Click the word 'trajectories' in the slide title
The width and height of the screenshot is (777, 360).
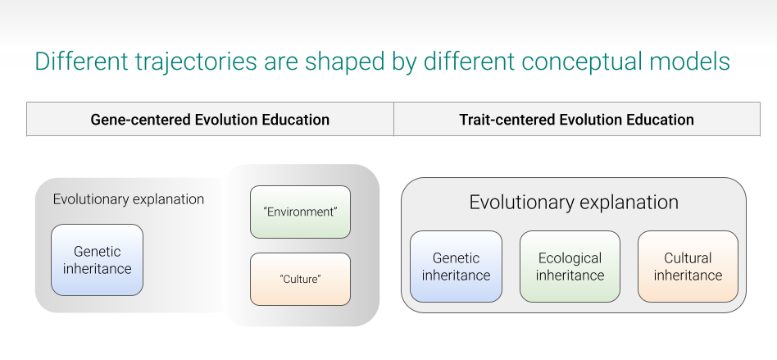[x=196, y=62]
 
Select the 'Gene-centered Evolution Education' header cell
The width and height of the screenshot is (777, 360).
[x=210, y=119]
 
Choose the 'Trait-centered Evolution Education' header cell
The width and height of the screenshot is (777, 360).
[x=577, y=119]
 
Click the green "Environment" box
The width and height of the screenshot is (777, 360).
[x=300, y=212]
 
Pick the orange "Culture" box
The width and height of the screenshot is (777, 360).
[x=300, y=279]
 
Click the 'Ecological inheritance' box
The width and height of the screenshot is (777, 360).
[x=570, y=267]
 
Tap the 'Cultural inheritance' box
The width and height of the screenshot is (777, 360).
[x=688, y=267]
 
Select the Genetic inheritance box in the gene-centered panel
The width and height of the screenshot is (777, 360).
[x=97, y=260]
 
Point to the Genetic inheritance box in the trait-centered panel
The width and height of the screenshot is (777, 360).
[x=456, y=267]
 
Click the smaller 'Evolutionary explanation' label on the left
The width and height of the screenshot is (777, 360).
[x=129, y=199]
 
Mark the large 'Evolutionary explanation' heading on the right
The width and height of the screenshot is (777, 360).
[x=574, y=203]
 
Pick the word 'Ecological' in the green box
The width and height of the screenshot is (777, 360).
[x=570, y=258]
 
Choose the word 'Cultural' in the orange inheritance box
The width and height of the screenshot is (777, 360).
[x=688, y=257]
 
